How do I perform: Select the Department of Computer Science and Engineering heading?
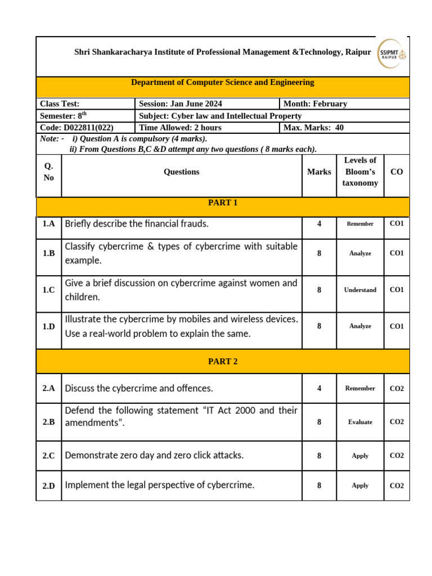[x=222, y=83]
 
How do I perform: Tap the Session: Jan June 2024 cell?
[x=181, y=103]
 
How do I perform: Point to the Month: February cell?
[x=315, y=103]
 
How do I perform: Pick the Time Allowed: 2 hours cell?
[x=180, y=128]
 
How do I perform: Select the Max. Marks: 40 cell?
[x=313, y=128]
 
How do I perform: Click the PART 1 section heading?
[x=223, y=202]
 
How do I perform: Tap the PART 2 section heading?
[x=223, y=361]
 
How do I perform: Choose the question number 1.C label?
[x=48, y=290]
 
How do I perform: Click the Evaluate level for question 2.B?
[x=360, y=422]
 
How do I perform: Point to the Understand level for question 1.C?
[x=360, y=290]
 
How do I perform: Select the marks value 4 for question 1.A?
[x=319, y=224]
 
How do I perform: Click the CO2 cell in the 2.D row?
[x=397, y=485]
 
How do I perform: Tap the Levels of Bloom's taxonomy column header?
[x=360, y=172]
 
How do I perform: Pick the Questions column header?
[x=181, y=172]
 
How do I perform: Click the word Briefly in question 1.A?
[x=80, y=224]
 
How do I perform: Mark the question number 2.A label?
[x=48, y=389]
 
